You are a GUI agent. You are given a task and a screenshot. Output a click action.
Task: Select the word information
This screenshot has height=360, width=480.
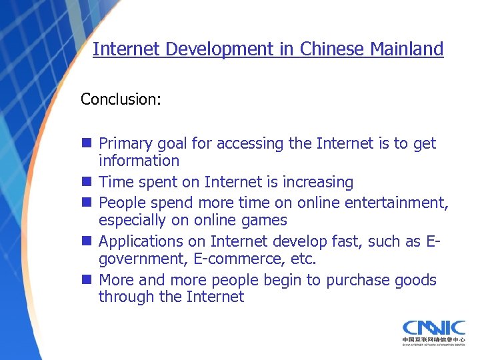point(139,161)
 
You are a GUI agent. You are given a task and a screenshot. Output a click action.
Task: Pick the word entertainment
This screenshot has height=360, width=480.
point(403,203)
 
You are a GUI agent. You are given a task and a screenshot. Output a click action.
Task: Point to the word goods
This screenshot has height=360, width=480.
point(416,280)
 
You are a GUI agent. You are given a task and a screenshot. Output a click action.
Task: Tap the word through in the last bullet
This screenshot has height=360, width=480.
point(127,297)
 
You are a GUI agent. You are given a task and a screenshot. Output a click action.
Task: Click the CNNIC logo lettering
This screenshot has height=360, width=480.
point(433,329)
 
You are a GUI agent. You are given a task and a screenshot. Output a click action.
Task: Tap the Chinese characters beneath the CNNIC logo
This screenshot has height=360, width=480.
point(433,341)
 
